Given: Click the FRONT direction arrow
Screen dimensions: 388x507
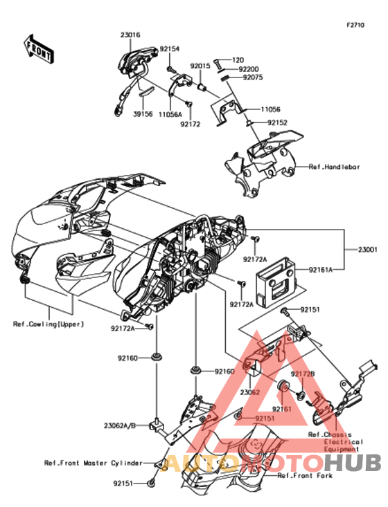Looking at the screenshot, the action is [39, 49].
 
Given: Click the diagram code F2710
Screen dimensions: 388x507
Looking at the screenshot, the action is [355, 25].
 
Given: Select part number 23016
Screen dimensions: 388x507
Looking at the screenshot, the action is [130, 35].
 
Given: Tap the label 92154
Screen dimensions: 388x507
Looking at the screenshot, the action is [169, 49].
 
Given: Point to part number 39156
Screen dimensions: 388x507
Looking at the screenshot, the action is [143, 114].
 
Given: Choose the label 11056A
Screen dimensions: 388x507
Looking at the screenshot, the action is [170, 114].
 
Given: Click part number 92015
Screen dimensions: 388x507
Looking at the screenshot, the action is [200, 66].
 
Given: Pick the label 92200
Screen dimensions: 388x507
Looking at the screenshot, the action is [249, 69].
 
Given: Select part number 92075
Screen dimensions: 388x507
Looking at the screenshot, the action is [253, 77].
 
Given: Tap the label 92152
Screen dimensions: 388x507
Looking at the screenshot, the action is [277, 122].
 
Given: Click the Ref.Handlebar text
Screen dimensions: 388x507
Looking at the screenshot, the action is [334, 167].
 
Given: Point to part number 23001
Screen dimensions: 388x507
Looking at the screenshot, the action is [368, 250].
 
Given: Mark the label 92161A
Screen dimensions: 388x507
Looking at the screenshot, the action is [321, 269].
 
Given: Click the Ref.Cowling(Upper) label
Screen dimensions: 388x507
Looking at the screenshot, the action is [48, 324].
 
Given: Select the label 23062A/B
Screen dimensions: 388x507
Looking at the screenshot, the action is [120, 426].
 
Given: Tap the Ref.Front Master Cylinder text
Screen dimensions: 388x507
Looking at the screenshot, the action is [94, 463].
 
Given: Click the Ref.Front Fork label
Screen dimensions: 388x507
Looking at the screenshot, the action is [305, 476].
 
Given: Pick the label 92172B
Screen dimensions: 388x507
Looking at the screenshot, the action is [303, 374].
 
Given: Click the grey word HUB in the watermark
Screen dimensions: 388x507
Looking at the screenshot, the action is [353, 462].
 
